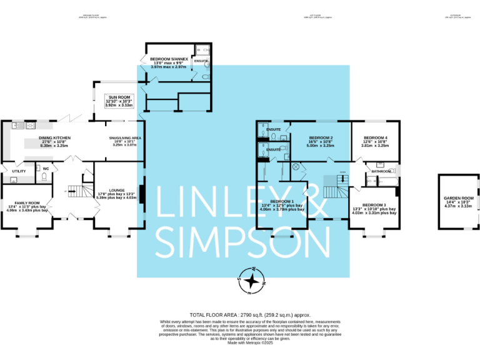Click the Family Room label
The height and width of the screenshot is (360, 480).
click(27, 202)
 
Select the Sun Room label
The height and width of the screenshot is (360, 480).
click(119, 97)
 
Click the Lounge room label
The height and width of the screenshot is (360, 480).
click(117, 190)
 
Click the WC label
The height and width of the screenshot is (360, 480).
click(46, 168)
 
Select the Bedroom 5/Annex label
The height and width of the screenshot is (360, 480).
click(169, 59)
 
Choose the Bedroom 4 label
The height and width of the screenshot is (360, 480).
click(376, 137)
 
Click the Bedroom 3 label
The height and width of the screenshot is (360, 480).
click(374, 205)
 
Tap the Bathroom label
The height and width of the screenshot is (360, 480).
click(381, 171)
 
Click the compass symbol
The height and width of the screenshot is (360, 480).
click(251, 281)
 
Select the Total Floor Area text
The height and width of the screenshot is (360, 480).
click(250, 314)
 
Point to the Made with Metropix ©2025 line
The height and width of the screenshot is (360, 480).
click(250, 342)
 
